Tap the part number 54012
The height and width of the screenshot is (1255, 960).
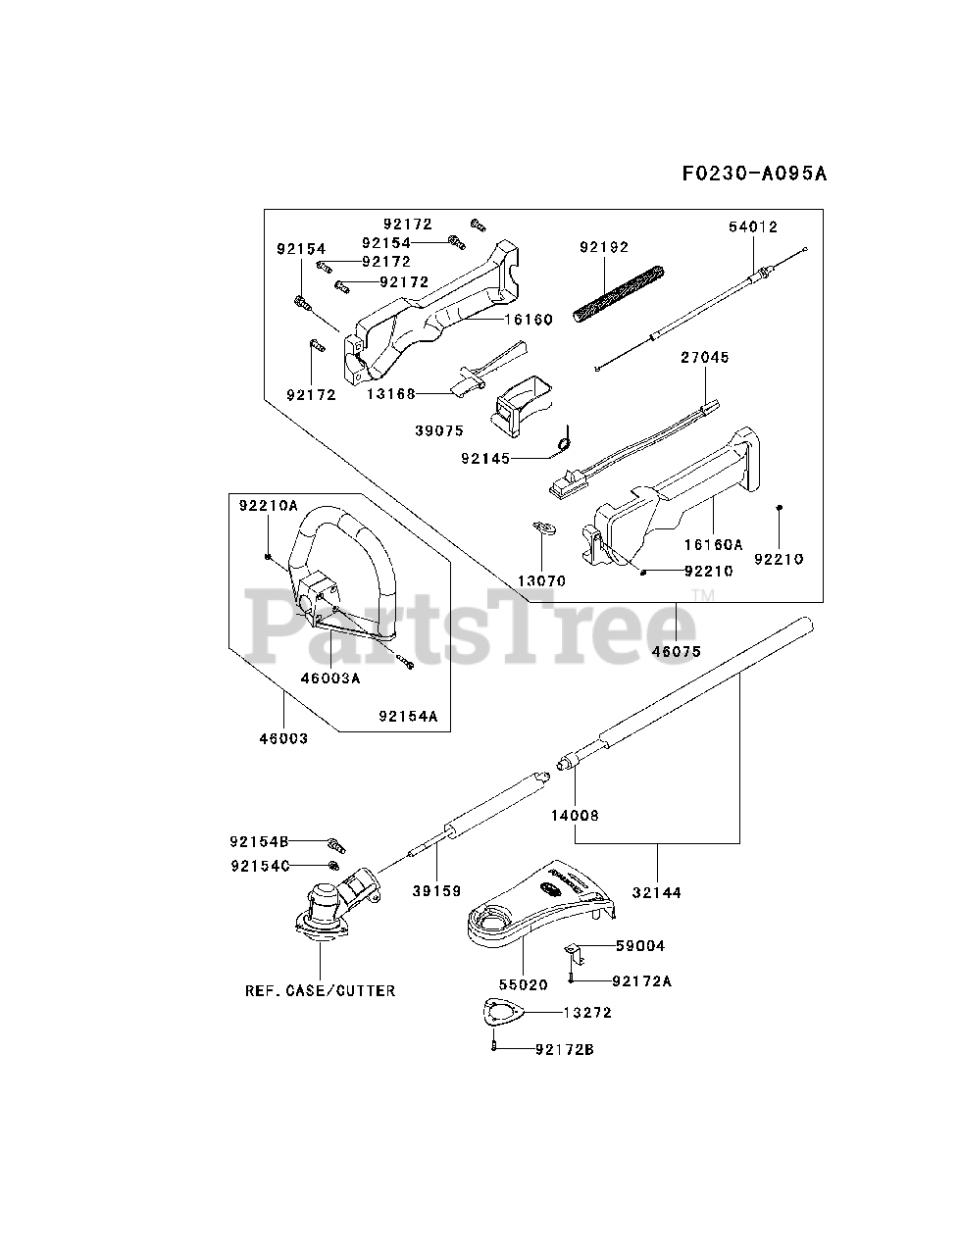753,226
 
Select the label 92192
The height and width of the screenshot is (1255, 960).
604,247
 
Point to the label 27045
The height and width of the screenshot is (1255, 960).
705,358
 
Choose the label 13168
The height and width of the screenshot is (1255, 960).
391,393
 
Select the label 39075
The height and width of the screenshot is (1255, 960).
439,429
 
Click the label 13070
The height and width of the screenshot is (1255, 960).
542,580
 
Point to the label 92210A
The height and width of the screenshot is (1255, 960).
268,506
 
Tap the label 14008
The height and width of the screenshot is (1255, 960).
575,815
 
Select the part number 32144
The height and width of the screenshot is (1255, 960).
656,892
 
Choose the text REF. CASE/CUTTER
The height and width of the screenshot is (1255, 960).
321,990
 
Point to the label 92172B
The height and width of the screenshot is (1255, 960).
565,1050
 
